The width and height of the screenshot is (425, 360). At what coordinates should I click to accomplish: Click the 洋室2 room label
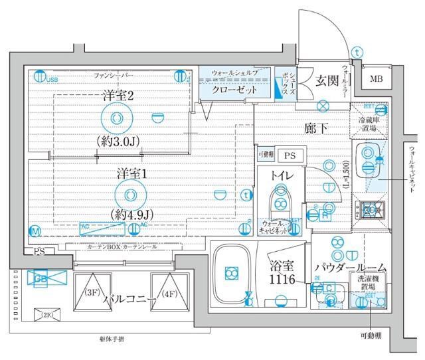point(118,96)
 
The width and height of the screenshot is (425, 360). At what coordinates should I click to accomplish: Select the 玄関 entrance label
point(327,81)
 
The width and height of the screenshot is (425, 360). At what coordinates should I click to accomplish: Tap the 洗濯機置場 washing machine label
point(367,282)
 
